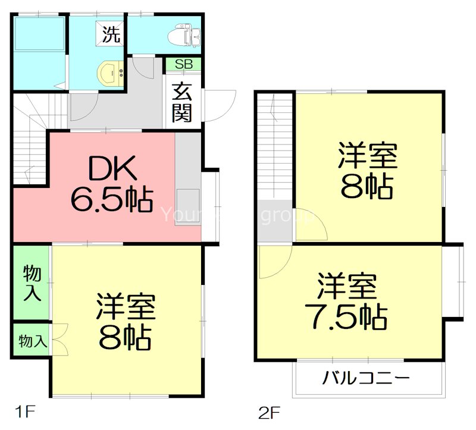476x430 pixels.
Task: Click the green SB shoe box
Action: (x=183, y=64)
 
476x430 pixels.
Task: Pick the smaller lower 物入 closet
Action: (x=32, y=341)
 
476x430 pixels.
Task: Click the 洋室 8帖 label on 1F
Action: (x=126, y=321)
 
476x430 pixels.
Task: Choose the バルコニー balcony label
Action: (x=367, y=378)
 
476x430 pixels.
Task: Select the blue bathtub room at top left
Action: (x=40, y=52)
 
